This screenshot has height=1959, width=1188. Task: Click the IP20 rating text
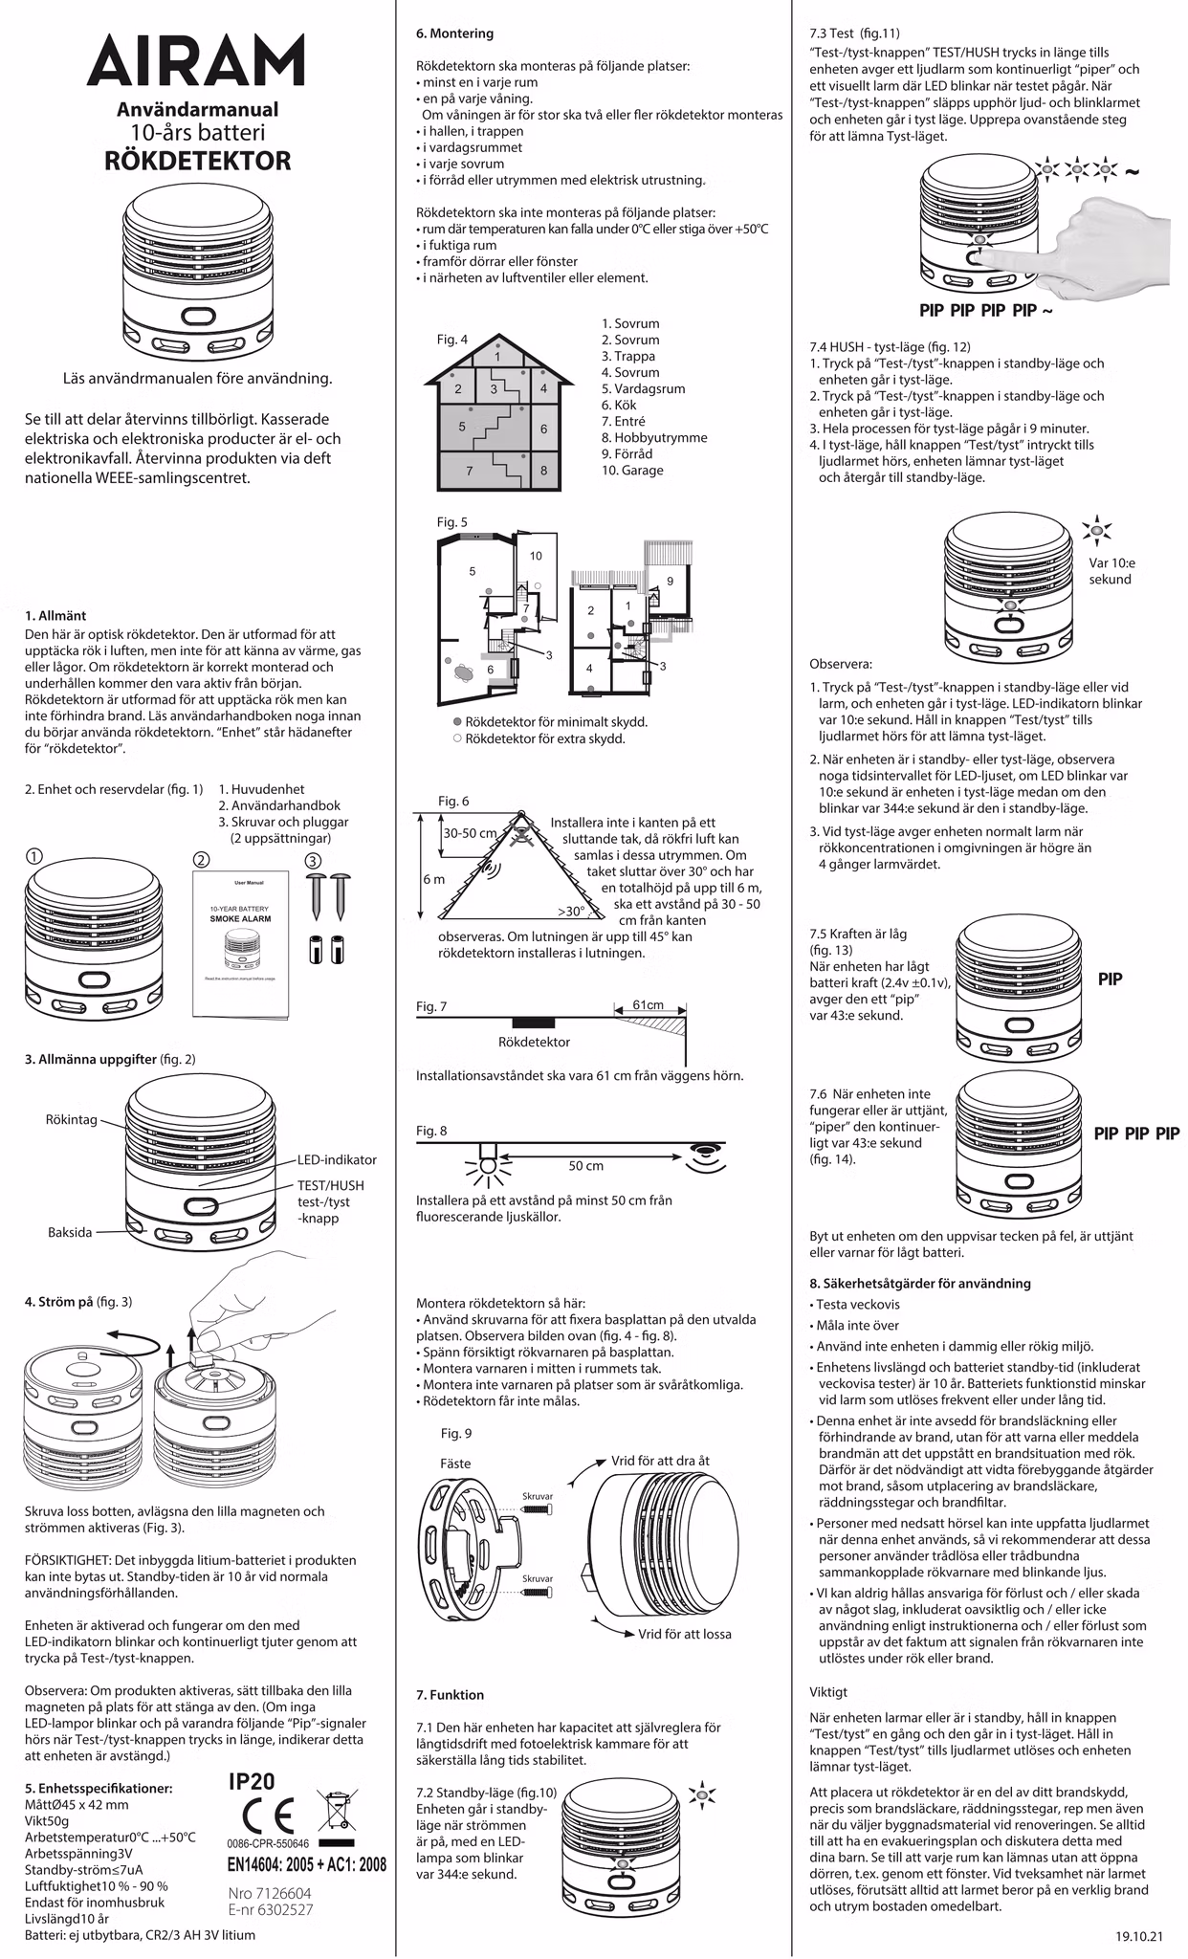pos(253,1780)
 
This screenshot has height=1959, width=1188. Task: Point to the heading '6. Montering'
pos(454,33)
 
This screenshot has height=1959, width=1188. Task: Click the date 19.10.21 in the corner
pos(1138,1936)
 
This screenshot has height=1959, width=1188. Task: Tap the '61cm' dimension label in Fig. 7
pos(649,1004)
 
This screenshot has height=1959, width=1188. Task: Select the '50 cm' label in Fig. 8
pos(585,1166)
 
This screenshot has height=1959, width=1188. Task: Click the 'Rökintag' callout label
pos(71,1119)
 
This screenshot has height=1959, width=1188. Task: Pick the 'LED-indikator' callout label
pos(337,1159)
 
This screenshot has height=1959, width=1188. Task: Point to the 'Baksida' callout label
pos(70,1232)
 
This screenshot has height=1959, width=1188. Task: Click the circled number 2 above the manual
pos(201,859)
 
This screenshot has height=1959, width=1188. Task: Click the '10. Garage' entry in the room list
pos(631,470)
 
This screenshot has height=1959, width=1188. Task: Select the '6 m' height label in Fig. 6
pos(433,879)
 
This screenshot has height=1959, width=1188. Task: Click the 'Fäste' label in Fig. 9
pos(455,1464)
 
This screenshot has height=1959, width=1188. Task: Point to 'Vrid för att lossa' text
pos(685,1634)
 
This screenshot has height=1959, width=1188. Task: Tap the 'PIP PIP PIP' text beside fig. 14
pos(1136,1134)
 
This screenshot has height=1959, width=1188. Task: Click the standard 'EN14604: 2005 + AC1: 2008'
pos(306,1863)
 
